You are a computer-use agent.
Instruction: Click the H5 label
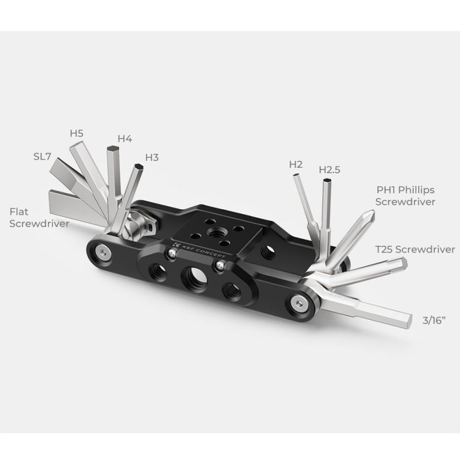click(x=76, y=133)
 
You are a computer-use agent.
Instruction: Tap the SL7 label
click(x=42, y=156)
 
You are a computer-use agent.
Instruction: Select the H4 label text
click(x=125, y=139)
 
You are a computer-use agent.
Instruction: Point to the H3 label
click(x=152, y=158)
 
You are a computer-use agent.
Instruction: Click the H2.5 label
click(x=329, y=170)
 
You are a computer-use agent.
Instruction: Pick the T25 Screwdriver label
click(x=415, y=250)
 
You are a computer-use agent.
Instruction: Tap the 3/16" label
click(x=434, y=320)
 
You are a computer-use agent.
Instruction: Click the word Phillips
click(x=416, y=190)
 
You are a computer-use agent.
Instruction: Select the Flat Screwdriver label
click(x=39, y=217)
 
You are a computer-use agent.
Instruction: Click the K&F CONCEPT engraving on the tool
click(x=200, y=251)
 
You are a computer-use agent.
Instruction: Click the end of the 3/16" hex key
click(x=408, y=321)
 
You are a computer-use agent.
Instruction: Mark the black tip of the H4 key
click(x=113, y=148)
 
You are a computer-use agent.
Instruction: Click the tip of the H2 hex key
click(x=296, y=175)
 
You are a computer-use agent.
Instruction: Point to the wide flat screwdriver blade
click(x=76, y=207)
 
